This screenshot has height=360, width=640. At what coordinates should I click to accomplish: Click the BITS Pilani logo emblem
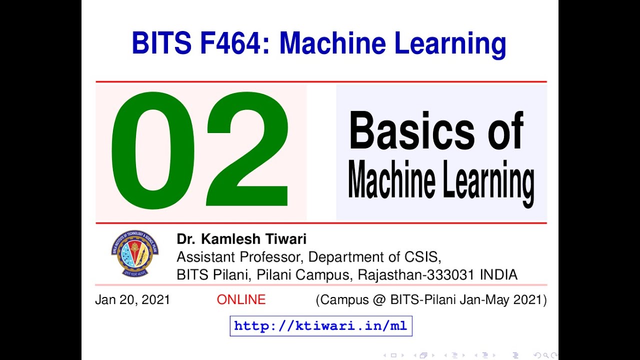click(134, 253)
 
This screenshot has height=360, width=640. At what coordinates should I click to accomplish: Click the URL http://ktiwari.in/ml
click(320, 326)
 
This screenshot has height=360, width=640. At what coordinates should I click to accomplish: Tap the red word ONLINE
click(241, 300)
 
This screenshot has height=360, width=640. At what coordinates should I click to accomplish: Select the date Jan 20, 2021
click(132, 300)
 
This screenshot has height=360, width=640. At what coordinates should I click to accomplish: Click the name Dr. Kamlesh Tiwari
click(241, 239)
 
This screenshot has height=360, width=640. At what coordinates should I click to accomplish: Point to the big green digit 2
click(247, 150)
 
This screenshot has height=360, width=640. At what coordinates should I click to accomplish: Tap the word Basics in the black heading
click(413, 131)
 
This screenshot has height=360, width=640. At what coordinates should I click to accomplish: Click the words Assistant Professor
click(239, 257)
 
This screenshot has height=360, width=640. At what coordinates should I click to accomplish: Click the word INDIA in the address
click(498, 275)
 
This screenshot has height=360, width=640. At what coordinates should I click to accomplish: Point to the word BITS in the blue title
click(161, 43)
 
